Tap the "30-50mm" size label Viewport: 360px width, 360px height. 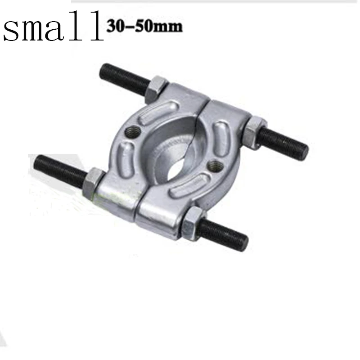[144, 26]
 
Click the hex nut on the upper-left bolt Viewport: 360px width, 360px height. [157, 87]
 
